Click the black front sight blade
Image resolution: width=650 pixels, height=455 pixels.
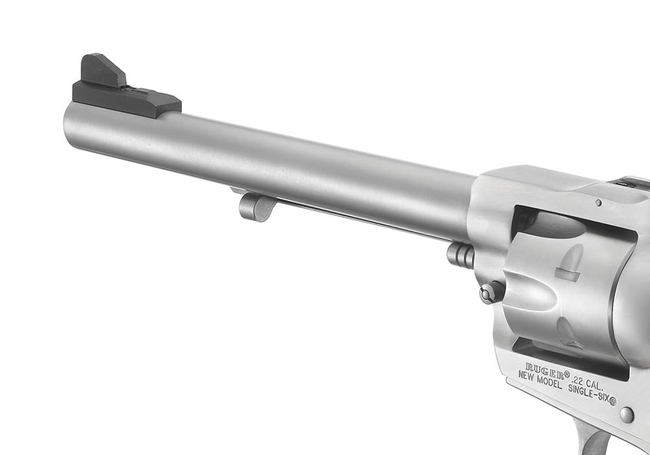point(103,70)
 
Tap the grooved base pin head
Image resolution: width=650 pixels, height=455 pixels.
point(460,255)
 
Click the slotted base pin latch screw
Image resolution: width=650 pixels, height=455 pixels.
point(491,292)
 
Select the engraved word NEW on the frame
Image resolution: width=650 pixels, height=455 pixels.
point(527,376)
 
